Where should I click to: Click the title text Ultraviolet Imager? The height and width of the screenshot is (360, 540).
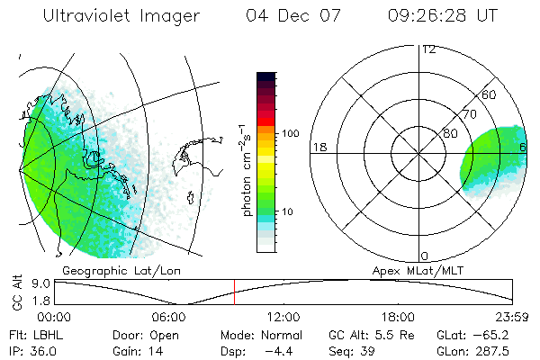[121, 16]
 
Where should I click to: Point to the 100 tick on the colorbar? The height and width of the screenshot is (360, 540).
[290, 133]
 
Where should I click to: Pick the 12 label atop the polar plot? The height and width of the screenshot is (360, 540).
[428, 49]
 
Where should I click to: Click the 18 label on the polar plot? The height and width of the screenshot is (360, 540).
[318, 146]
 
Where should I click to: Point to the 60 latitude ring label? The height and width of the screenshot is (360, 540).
[490, 94]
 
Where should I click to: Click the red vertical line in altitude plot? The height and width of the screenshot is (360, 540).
[234, 292]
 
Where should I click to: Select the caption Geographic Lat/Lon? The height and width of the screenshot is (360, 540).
[109, 270]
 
